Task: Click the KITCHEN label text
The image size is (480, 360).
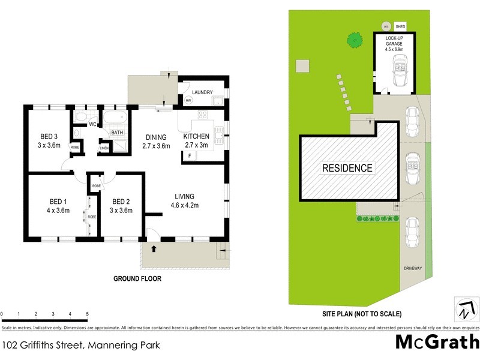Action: coord(196,136)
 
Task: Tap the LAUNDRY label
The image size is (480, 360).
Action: coord(203,92)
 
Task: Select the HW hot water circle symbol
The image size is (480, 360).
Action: coord(188,101)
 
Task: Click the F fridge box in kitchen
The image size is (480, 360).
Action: coord(190,156)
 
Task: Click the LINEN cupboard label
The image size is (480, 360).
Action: coord(104,147)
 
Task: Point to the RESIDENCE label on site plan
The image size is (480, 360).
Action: coord(347,168)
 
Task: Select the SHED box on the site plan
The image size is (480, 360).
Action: coord(400,27)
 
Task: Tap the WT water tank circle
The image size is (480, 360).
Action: coord(386,27)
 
